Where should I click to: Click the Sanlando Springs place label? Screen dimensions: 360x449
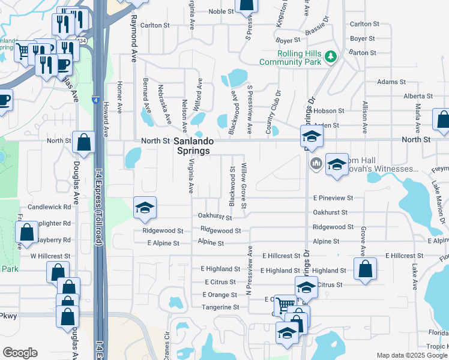point(192,146)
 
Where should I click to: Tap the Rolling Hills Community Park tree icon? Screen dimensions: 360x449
point(330,57)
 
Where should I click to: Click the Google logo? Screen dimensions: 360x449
point(20,353)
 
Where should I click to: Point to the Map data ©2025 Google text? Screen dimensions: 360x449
point(411,355)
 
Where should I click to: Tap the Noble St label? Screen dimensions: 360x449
point(221,11)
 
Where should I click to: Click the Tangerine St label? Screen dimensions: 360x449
point(219,307)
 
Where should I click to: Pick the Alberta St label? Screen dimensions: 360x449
point(418,96)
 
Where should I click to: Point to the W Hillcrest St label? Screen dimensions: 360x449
point(50,256)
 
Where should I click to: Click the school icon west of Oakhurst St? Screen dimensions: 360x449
point(144,208)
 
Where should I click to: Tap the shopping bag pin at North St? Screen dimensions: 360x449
point(84,142)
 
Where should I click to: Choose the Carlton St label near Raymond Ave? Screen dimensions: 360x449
point(155,25)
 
